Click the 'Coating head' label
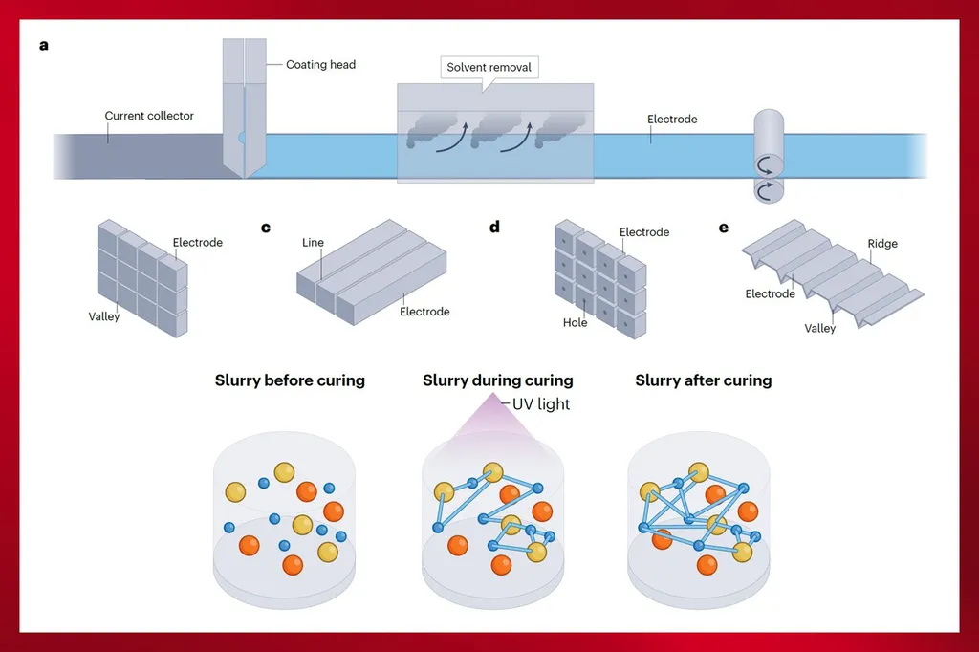point(320,65)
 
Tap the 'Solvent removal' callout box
point(489,68)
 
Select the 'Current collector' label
point(149,116)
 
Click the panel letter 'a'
point(44,44)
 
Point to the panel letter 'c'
point(266,228)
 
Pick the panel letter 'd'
point(494,228)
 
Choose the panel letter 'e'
point(723,228)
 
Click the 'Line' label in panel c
point(313,243)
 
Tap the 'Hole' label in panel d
point(576,323)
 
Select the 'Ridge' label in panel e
point(882,244)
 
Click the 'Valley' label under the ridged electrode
point(819,328)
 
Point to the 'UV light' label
point(541,404)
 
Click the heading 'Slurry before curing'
point(290,380)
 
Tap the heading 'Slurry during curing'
point(498,380)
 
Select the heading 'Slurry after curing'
point(704,380)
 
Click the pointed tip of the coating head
point(245,176)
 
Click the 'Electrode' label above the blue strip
point(672,120)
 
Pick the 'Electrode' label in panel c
point(424,312)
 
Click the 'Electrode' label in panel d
point(644,232)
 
